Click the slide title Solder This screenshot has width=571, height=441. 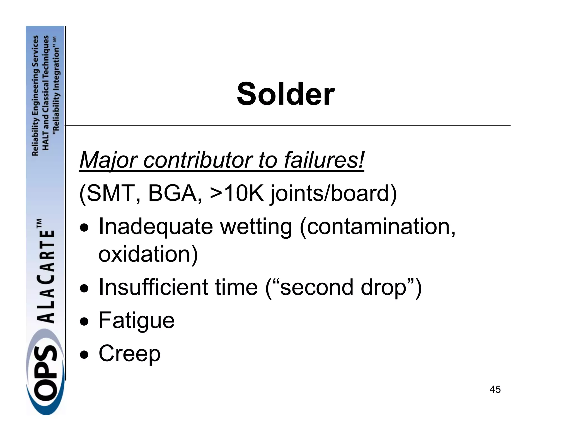(285, 94)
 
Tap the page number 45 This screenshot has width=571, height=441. (495, 389)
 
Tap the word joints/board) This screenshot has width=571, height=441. (333, 194)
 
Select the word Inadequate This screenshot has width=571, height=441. (156, 226)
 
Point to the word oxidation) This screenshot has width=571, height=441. (148, 254)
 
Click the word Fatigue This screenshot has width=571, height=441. (137, 321)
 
